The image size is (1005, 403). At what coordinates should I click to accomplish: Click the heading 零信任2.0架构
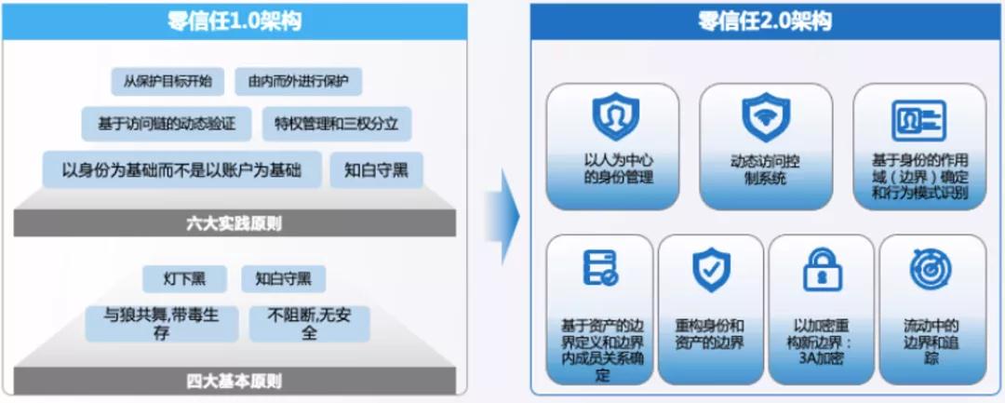pos(765,21)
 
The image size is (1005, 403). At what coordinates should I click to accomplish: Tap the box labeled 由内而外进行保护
pos(298,81)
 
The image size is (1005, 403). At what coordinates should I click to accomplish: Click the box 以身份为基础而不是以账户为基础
pos(181,170)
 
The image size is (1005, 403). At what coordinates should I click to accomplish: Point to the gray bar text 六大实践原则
pos(234,223)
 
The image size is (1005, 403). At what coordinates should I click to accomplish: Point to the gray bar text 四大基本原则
pos(234,381)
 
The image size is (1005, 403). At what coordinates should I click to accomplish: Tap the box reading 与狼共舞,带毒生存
pos(162,323)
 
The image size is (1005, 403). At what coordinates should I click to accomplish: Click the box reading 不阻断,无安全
pos(309,323)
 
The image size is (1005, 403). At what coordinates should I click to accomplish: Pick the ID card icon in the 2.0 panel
pos(918,120)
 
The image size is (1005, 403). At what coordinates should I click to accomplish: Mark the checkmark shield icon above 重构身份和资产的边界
pos(710,270)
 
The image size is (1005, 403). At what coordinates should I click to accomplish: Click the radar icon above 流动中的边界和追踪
pos(931,270)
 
